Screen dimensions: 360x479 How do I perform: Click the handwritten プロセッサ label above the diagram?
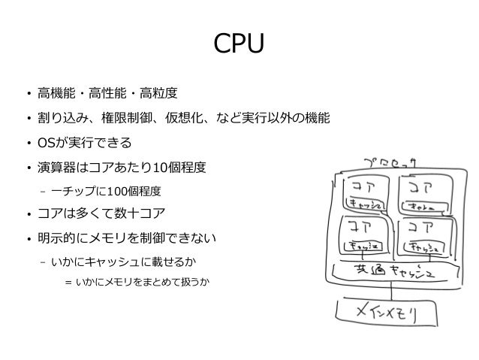[x=391, y=162]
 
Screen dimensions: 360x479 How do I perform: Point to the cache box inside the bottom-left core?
[x=363, y=245]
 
